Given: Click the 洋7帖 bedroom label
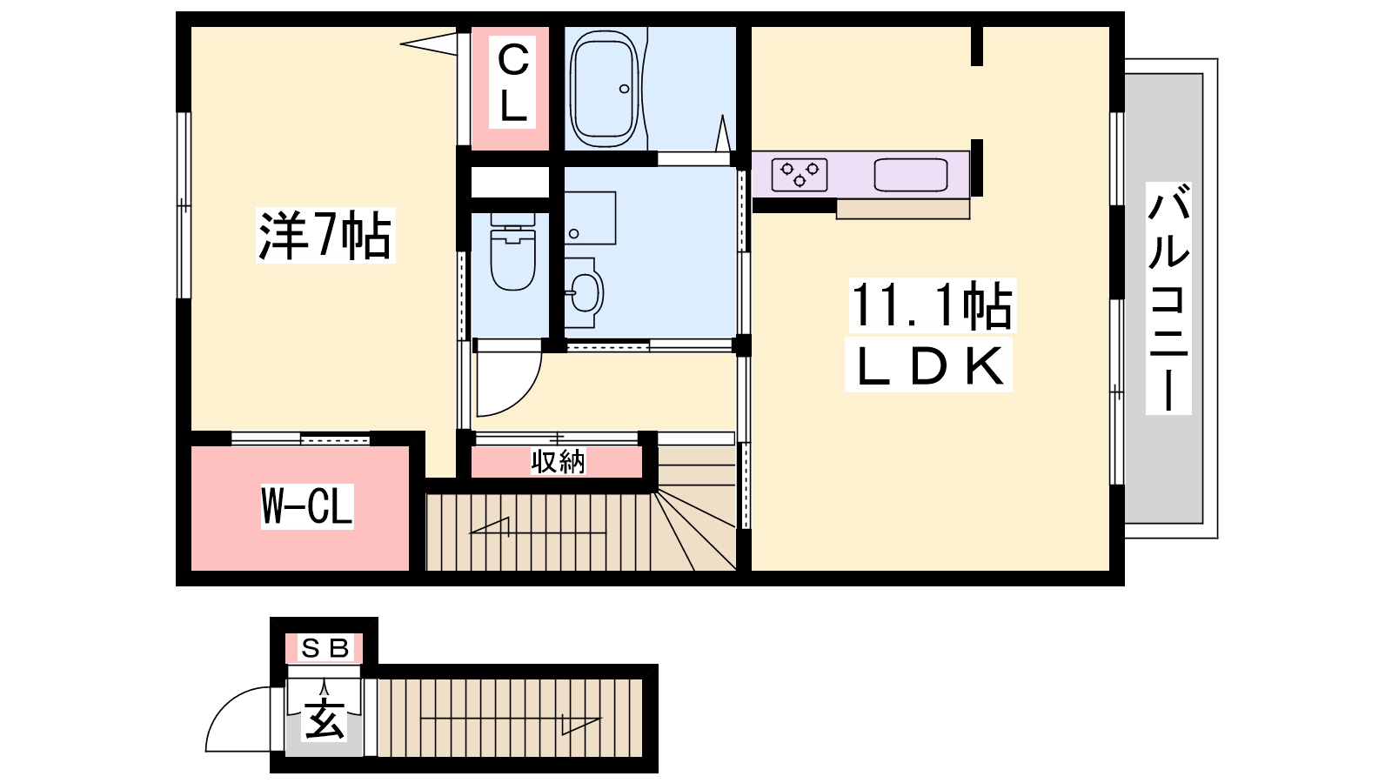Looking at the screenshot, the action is pos(325,236).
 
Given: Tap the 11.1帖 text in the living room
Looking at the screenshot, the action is pos(931,305).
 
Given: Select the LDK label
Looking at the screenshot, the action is pos(929,365).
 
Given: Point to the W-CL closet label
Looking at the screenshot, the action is pos(307,506).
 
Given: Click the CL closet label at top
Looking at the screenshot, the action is pos(512,82).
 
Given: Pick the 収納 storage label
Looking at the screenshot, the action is pos(558,462).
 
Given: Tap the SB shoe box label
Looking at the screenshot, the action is pos(324,648).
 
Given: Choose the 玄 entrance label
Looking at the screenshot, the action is pos(324,719).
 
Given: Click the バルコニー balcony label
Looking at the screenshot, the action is pos(1169,298).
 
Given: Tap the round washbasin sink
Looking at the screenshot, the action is pos(585,293).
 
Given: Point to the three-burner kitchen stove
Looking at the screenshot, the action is pos(800,175).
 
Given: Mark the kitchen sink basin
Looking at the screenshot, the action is pos(910,175).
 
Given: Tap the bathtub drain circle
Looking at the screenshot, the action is pos(624,89).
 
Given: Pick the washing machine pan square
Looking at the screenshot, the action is pos(590,217).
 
